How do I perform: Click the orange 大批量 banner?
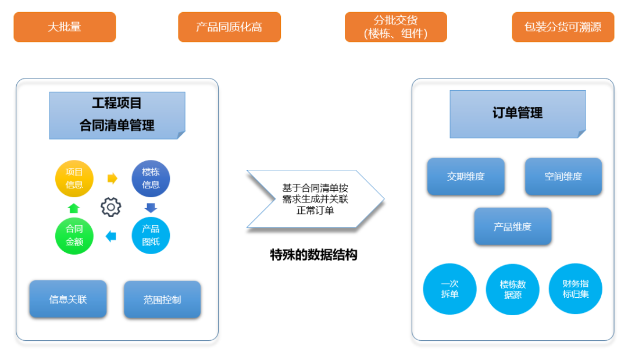(x=65, y=27)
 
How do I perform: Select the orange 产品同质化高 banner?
(x=229, y=27)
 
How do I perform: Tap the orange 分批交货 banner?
(x=395, y=27)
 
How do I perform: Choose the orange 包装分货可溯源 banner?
(x=562, y=27)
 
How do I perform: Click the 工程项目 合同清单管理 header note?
(x=117, y=115)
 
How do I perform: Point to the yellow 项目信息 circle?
(x=74, y=178)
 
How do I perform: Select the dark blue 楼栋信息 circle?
(x=151, y=178)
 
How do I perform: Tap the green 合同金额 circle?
(x=74, y=235)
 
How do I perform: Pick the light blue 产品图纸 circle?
(x=151, y=235)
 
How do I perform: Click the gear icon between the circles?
(x=111, y=206)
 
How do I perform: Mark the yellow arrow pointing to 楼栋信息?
(x=112, y=179)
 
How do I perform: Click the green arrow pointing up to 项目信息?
(x=73, y=208)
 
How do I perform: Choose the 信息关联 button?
(x=68, y=299)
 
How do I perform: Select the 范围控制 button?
(x=162, y=300)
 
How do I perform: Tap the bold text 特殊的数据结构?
(x=313, y=255)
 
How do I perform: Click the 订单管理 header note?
(x=518, y=113)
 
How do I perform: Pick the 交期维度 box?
(x=466, y=176)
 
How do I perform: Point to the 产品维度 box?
(x=512, y=226)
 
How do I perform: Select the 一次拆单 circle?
(x=449, y=289)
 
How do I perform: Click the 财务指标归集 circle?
(x=575, y=289)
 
